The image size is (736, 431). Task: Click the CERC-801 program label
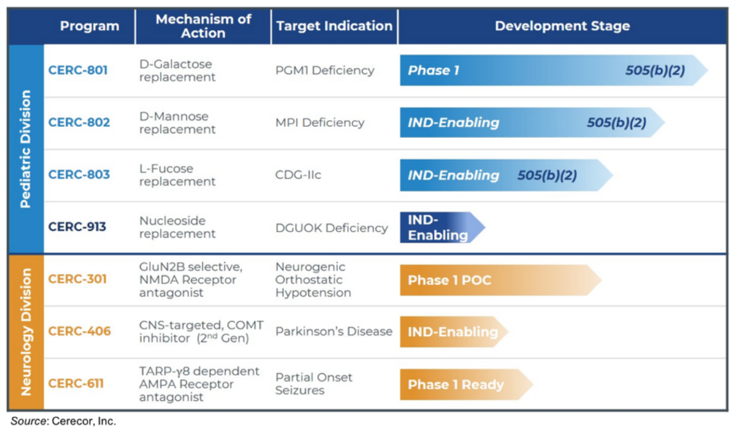[x=78, y=71]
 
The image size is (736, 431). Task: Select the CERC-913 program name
[x=77, y=227]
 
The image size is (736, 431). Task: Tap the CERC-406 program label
[x=80, y=331]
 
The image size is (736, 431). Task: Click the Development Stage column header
[x=562, y=26]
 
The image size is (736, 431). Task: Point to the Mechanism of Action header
[x=203, y=26]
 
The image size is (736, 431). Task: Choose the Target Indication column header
[x=334, y=26]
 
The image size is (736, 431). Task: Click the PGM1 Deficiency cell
[x=324, y=71]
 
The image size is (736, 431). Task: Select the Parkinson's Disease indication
[x=333, y=331]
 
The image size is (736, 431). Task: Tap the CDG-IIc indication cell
[x=298, y=174]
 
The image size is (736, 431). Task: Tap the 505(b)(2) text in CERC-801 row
[x=655, y=71]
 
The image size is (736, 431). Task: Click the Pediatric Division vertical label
[x=26, y=149]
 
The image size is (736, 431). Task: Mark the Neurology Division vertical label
[x=26, y=332]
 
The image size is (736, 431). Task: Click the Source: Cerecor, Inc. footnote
[x=63, y=421]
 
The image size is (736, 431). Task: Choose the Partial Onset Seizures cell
[x=313, y=384]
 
